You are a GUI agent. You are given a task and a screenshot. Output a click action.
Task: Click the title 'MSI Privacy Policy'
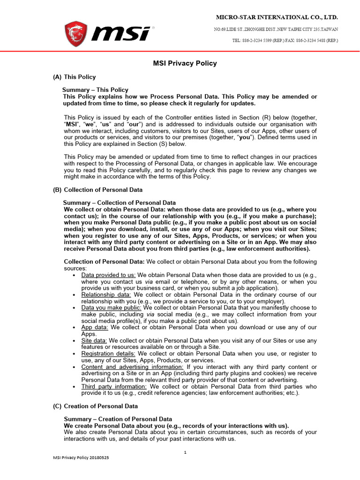tap(185, 63)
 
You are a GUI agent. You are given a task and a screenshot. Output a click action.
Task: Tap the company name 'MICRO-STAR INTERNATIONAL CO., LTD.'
tap(277, 17)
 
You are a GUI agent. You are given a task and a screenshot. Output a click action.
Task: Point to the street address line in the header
tap(276, 29)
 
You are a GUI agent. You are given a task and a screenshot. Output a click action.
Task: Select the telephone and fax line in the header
tap(285, 41)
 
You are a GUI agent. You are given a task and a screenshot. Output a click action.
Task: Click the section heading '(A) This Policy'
tap(75, 77)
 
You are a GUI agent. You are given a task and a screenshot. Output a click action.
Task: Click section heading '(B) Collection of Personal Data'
tap(98, 190)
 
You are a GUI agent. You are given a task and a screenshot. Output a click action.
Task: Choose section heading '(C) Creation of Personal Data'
tap(96, 406)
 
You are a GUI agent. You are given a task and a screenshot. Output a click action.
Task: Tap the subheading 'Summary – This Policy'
tap(96, 90)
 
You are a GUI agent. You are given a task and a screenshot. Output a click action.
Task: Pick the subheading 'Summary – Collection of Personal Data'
tap(120, 202)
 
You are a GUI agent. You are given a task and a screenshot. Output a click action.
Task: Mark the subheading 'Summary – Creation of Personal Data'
tap(118, 419)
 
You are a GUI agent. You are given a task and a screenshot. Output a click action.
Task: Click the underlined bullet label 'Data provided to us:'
tap(108, 275)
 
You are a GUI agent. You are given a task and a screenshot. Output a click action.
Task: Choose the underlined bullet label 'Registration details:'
tap(108, 353)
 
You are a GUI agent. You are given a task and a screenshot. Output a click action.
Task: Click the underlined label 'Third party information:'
tap(114, 386)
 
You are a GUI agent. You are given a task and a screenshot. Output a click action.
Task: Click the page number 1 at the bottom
tap(185, 452)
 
